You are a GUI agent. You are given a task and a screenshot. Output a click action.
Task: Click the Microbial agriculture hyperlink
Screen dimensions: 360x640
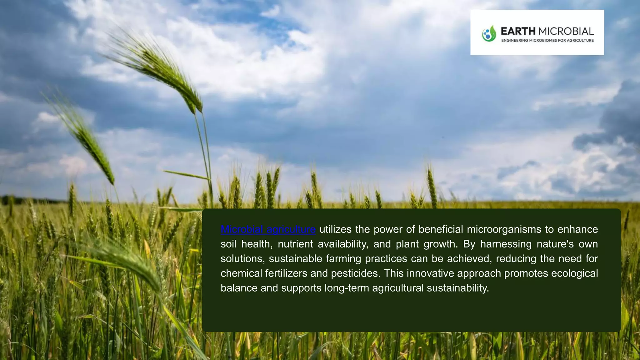pyautogui.click(x=268, y=229)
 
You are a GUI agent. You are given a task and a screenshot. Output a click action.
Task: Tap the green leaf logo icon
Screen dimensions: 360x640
pyautogui.click(x=489, y=33)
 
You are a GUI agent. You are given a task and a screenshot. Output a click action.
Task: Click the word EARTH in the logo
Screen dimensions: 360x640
pyautogui.click(x=518, y=31)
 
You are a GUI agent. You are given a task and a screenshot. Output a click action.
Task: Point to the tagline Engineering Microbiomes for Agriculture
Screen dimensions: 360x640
pyautogui.click(x=547, y=41)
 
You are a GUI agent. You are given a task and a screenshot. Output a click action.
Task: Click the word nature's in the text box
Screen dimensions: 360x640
pyautogui.click(x=555, y=244)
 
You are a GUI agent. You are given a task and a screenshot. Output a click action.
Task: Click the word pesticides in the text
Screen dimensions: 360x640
pyautogui.click(x=355, y=273)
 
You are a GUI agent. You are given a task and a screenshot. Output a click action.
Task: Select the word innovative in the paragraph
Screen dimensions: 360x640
pyautogui.click(x=430, y=273)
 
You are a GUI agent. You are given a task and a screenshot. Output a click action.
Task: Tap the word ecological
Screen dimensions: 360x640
pyautogui.click(x=574, y=273)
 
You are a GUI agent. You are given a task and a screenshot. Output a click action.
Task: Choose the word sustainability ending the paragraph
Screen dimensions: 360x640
pyautogui.click(x=457, y=288)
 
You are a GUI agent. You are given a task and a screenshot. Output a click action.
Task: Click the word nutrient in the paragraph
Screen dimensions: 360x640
pyautogui.click(x=295, y=244)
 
